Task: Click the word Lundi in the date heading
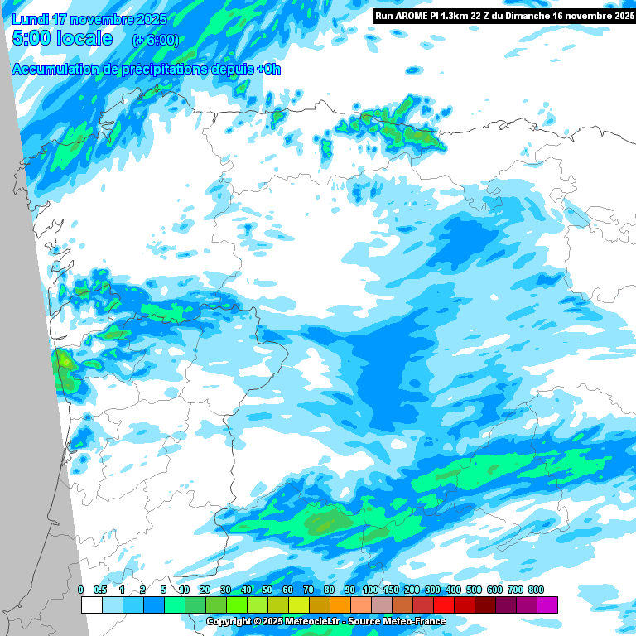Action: click(31, 19)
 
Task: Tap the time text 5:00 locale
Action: click(63, 38)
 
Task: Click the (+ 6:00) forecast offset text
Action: click(155, 40)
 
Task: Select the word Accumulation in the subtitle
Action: click(54, 70)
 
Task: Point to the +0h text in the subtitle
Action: click(267, 70)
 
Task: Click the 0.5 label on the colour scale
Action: click(100, 590)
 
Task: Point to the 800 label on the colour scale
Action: click(536, 590)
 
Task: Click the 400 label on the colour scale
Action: click(453, 590)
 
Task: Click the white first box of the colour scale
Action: click(91, 605)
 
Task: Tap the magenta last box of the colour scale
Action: click(547, 605)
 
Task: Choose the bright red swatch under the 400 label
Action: click(444, 605)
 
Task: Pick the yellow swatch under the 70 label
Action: click(298, 605)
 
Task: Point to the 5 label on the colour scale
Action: click(163, 590)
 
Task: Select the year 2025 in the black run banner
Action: click(618, 16)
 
